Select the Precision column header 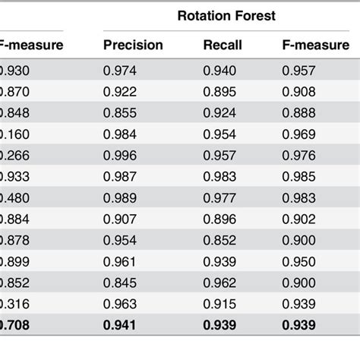coord(133,45)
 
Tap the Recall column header coord(223,45)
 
